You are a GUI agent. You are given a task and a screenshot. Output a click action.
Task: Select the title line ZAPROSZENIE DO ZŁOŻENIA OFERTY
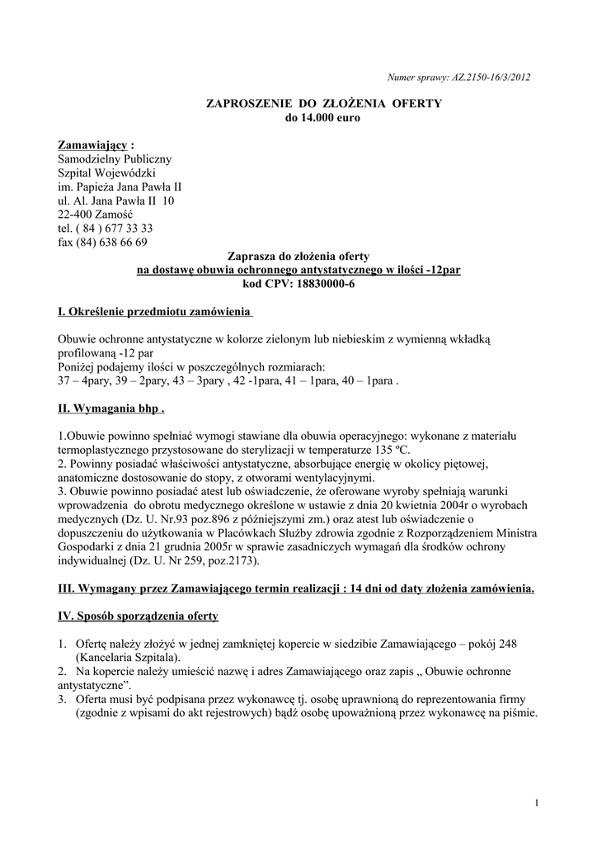(x=323, y=103)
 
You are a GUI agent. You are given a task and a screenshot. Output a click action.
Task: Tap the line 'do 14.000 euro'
(x=323, y=118)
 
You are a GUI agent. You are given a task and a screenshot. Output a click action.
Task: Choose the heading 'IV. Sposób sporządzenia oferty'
(x=138, y=616)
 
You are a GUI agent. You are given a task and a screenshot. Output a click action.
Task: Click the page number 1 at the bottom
(x=536, y=804)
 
